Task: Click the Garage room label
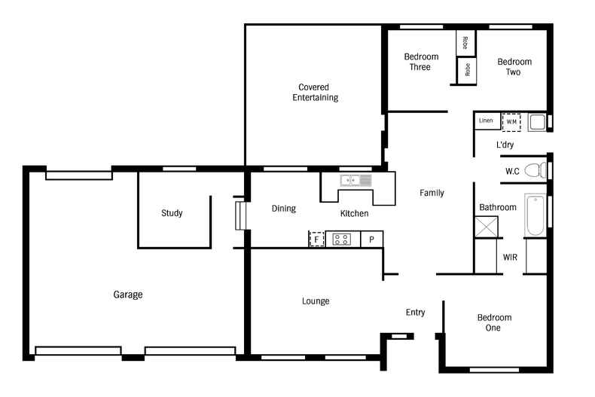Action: pos(128,295)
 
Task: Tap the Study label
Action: pos(172,213)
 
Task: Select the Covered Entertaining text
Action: pos(315,92)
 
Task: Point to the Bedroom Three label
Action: pos(421,62)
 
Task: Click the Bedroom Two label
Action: pos(514,67)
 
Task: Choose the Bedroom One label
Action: pos(494,322)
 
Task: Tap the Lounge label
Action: pos(316,301)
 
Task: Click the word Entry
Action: pos(415,313)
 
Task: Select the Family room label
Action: pos(432,193)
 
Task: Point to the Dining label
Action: pos(284,209)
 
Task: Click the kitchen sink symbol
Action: pos(355,180)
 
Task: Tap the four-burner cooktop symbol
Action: pos(341,240)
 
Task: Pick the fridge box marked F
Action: pos(316,239)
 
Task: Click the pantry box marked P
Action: pos(371,239)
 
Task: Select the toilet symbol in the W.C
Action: pos(535,170)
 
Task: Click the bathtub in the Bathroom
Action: pos(535,215)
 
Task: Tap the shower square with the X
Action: pos(487,227)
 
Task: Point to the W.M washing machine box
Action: pos(511,122)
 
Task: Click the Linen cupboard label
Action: pos(486,121)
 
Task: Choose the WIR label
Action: pos(510,258)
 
